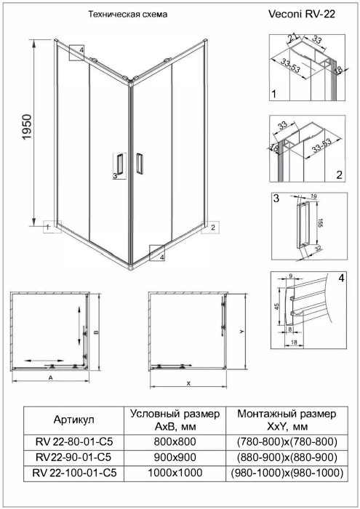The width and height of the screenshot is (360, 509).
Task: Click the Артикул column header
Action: (x=73, y=420)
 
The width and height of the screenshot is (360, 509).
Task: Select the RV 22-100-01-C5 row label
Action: (x=73, y=472)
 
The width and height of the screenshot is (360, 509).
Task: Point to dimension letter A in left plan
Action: (x=50, y=379)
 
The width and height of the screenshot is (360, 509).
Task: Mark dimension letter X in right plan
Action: (x=188, y=382)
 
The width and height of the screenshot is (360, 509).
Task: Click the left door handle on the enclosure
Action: (x=119, y=165)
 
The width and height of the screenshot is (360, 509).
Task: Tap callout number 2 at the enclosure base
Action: (x=212, y=228)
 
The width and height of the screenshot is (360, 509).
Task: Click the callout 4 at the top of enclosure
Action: (x=81, y=49)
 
